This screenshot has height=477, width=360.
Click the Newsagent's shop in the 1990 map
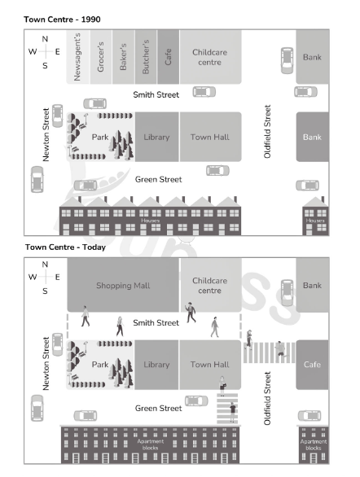78,57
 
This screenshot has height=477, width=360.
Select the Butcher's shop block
146,57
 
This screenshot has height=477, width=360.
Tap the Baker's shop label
123,57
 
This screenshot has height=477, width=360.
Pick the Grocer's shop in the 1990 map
101,57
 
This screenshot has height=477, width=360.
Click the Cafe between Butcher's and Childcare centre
169,57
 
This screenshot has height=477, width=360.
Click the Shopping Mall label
123,286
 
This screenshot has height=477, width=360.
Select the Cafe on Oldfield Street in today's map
312,365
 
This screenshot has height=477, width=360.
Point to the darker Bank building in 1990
313,137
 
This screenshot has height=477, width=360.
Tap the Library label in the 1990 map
156,138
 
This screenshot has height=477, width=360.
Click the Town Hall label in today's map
209,365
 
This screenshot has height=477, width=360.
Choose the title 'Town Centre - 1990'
62,20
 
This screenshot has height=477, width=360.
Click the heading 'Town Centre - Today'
65,247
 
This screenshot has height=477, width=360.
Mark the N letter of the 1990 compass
45,39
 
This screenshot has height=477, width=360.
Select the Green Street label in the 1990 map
158,179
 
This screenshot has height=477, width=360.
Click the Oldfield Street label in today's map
267,398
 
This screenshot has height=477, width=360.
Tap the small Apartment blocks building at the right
313,444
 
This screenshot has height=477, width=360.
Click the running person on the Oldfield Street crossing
280,349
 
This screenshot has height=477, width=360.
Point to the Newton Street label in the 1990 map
46,135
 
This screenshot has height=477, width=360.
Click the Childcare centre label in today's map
209,286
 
